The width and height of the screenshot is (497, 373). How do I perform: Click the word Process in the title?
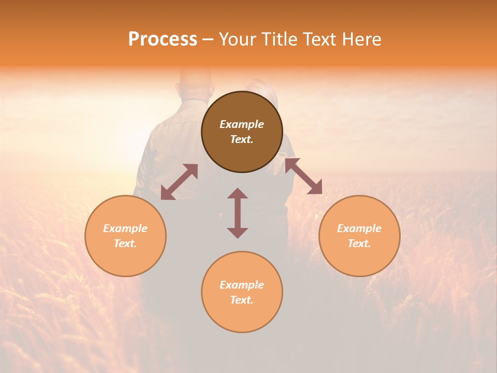click(x=163, y=39)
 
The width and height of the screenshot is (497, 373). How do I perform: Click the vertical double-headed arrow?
click(x=238, y=213)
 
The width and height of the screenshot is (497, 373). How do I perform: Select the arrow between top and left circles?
click(x=179, y=182)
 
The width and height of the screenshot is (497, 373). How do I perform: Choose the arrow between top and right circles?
click(x=303, y=176)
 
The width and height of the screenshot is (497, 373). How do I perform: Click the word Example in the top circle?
click(x=242, y=124)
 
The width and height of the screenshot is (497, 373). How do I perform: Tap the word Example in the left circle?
click(x=125, y=228)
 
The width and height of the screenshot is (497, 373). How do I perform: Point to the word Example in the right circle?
click(x=359, y=228)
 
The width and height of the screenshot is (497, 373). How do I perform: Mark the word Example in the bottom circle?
click(x=242, y=285)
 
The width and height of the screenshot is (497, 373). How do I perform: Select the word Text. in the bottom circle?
click(x=242, y=300)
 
